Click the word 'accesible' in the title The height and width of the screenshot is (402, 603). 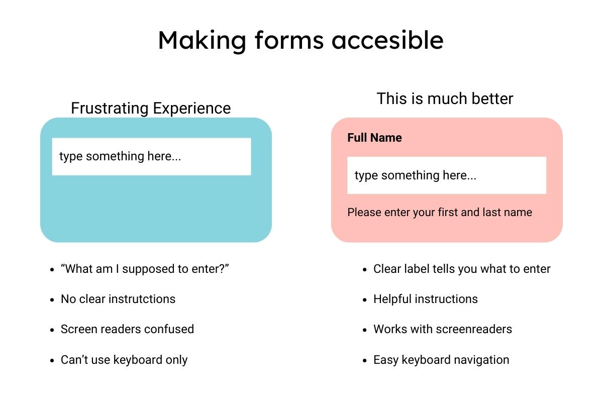[x=387, y=40]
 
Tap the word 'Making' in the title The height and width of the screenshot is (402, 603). [x=202, y=41]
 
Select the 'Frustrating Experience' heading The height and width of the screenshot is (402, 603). [x=151, y=108]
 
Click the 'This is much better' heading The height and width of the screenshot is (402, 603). [x=445, y=98]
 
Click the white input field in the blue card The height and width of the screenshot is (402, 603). [x=152, y=157]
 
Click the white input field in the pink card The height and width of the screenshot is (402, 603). [x=447, y=175]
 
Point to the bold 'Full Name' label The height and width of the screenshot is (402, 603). [x=374, y=138]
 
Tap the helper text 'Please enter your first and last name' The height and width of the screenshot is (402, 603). [x=440, y=212]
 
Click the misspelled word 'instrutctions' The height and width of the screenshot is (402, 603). [x=142, y=299]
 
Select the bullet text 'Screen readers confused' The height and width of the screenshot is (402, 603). [x=127, y=329]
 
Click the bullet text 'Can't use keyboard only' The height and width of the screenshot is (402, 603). [x=124, y=360]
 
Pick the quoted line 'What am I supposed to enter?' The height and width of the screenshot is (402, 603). [x=145, y=269]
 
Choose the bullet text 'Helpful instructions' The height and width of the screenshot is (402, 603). [x=425, y=299]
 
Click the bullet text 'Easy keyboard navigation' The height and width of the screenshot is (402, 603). [x=441, y=360]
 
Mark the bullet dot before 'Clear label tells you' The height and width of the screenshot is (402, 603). [x=365, y=269]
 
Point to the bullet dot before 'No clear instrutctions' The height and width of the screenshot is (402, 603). [x=52, y=299]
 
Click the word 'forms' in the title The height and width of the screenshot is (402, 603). [x=289, y=40]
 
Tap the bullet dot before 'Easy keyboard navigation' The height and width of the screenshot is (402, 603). [x=365, y=360]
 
